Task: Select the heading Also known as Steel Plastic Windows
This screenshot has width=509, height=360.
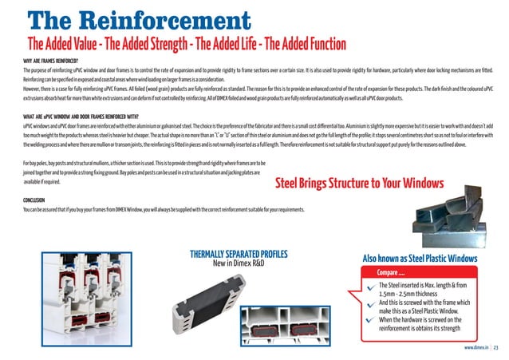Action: point(420,259)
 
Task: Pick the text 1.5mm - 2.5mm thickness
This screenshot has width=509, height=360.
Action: point(415,295)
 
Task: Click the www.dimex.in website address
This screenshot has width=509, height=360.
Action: point(475,349)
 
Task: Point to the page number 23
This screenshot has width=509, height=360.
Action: point(495,349)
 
